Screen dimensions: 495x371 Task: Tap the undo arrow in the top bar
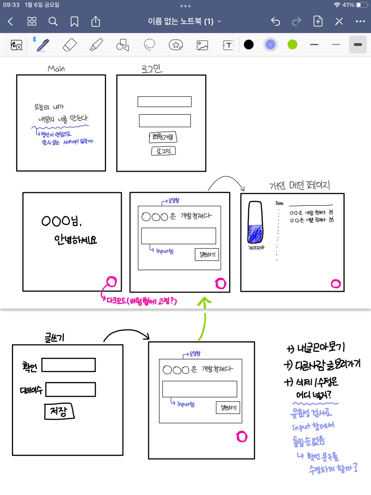coord(275,21)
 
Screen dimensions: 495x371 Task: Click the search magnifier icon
coord(53,21)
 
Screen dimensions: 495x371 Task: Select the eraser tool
coord(70,45)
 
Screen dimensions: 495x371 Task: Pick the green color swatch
coord(293,44)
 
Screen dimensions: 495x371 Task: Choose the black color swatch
coord(249,44)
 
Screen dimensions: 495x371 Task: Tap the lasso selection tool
coord(149,44)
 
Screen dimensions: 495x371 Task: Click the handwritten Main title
coord(56,68)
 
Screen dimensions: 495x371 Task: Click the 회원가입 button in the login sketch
coord(163,137)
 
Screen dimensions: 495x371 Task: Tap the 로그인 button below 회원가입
coord(163,151)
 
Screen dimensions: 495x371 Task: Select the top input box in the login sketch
coord(165,102)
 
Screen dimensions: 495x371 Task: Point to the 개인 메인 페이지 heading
coord(300,186)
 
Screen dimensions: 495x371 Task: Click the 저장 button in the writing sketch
coord(59,411)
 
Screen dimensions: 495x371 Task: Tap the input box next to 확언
coord(68,365)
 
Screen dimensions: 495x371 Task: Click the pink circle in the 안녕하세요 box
coord(111,282)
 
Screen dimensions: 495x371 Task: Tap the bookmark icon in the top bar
coord(74,21)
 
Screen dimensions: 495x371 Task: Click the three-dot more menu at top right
coord(360,21)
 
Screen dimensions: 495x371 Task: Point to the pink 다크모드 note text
coord(141,301)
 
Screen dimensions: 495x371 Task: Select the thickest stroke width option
coord(358,44)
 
